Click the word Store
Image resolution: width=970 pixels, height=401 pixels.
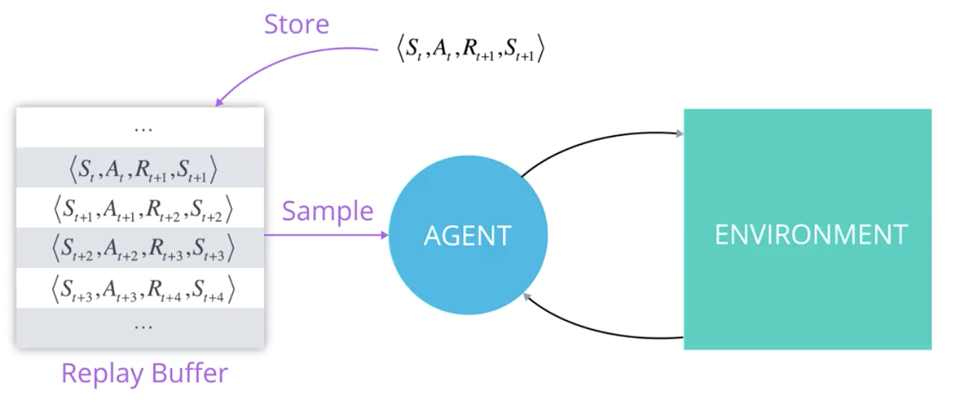[297, 24]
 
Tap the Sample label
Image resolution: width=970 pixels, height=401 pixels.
[327, 212]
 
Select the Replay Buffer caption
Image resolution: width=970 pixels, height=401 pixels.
[144, 374]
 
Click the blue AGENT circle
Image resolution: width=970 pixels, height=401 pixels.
[467, 236]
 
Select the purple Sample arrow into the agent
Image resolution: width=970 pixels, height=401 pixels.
[326, 235]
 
